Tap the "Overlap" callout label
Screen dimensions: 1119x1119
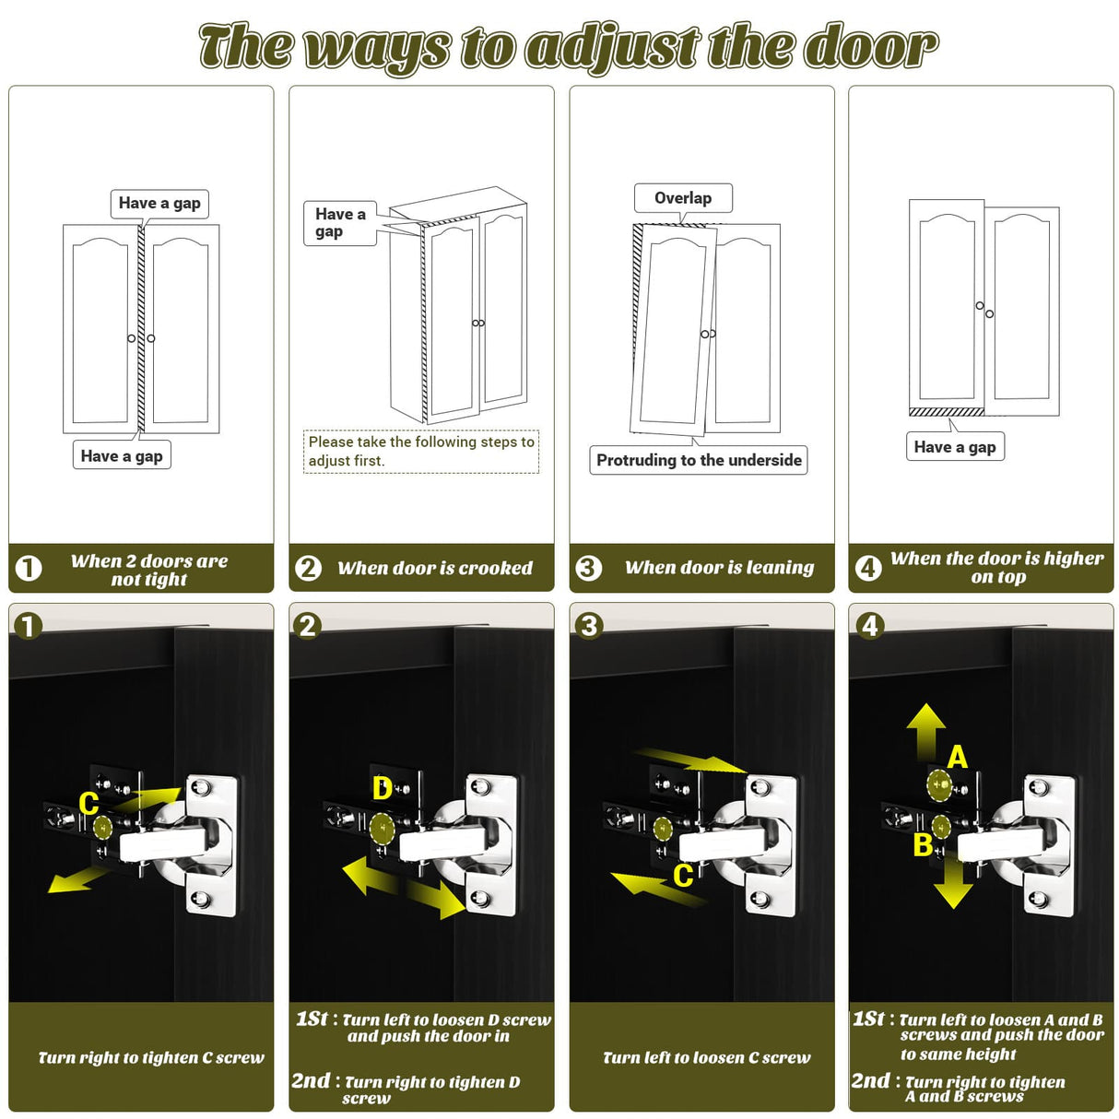(x=682, y=198)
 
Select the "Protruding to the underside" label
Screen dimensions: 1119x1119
(x=699, y=460)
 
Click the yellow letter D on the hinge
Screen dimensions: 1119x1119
(x=383, y=789)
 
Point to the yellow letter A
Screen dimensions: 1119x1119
(x=958, y=757)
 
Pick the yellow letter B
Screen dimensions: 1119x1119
(x=923, y=844)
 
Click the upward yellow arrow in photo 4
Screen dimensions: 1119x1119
(x=926, y=731)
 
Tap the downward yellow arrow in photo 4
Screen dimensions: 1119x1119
(x=953, y=882)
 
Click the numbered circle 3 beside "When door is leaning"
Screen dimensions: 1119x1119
(x=588, y=568)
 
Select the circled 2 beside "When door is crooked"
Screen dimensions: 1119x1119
(x=308, y=568)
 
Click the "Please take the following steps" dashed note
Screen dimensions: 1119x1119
(x=421, y=452)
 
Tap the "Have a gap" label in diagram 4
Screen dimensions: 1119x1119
(x=955, y=446)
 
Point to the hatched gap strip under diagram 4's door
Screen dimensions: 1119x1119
(x=946, y=412)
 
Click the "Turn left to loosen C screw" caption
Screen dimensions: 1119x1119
(x=706, y=1057)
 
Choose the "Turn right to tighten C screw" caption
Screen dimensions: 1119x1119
(x=151, y=1057)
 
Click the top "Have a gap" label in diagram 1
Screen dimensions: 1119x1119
(x=159, y=203)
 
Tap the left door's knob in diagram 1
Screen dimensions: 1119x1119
(x=131, y=338)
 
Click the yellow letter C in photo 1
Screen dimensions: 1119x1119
(x=88, y=804)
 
